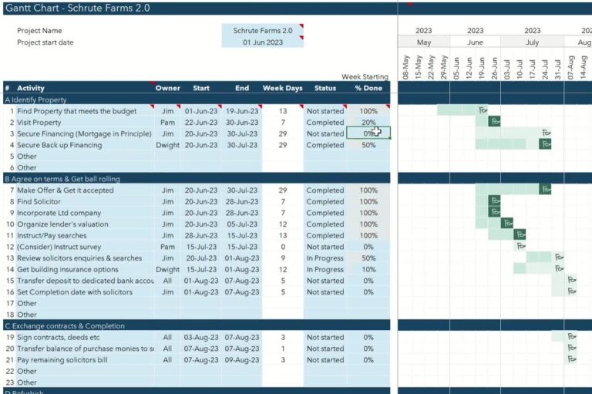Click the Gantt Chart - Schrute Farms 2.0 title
coord(77,8)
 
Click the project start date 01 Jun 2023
coord(262,42)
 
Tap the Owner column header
coord(167,88)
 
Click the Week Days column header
coord(282,88)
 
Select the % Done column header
coord(368,88)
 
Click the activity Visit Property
coord(39,123)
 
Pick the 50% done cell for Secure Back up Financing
coord(368,145)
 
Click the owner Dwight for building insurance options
coord(167,270)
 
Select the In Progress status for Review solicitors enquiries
coord(325,258)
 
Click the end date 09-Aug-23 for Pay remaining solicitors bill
coord(242,360)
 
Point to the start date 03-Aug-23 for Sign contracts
coord(201,338)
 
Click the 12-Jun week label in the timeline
coord(469,68)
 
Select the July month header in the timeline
coord(532,42)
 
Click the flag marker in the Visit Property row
coord(494,122)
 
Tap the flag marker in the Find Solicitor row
coord(494,201)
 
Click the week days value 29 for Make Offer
coord(282,190)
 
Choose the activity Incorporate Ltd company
coord(59,213)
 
